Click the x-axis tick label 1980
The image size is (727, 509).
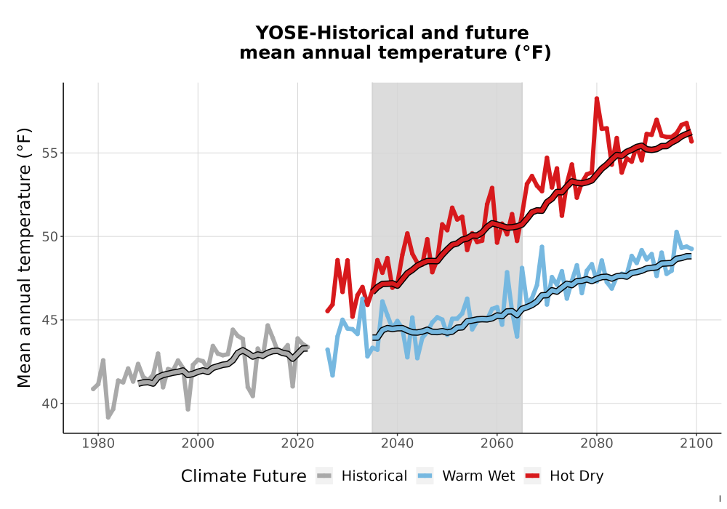tap(98, 444)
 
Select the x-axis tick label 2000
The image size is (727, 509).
tap(198, 444)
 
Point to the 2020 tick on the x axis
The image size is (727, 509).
tap(297, 444)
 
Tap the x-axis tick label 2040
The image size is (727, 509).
tap(398, 444)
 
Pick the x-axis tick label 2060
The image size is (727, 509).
tap(497, 444)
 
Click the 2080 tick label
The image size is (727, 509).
tap(597, 444)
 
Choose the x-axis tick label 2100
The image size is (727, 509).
tap(696, 444)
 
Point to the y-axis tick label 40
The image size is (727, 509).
tap(50, 404)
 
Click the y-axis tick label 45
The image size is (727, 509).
tap(50, 321)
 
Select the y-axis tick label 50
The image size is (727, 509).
tap(50, 237)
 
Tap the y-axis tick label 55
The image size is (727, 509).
tap(50, 153)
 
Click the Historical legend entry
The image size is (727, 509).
tap(361, 476)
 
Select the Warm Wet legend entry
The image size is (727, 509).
tap(465, 476)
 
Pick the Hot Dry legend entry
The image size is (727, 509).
tap(564, 476)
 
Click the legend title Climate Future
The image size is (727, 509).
tap(244, 476)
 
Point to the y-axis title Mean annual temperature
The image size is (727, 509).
tap(24, 257)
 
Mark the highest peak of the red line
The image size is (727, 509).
tap(597, 98)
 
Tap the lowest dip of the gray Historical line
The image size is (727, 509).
tap(108, 417)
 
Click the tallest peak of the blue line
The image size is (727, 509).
tap(676, 232)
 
